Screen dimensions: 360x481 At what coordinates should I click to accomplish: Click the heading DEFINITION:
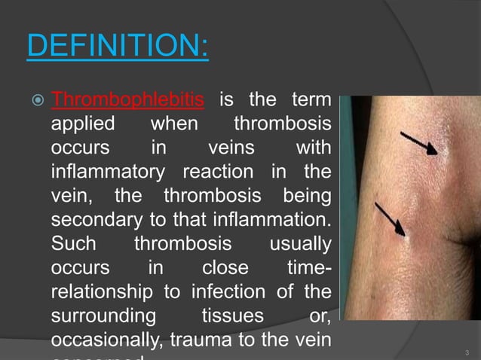(117, 46)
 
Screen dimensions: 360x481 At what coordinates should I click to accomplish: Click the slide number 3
(467, 352)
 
